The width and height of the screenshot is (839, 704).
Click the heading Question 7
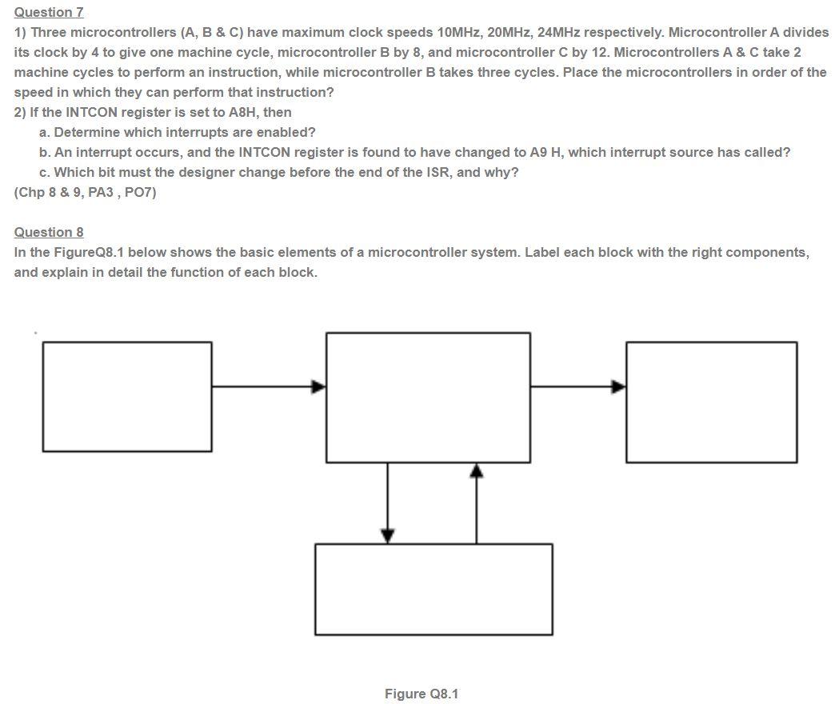point(49,12)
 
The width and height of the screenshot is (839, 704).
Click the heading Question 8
point(49,232)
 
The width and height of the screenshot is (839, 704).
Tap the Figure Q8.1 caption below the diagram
point(421,694)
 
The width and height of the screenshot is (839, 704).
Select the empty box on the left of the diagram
point(127,397)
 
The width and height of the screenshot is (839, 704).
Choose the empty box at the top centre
point(428,398)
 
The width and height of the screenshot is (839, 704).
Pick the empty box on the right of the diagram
point(711,402)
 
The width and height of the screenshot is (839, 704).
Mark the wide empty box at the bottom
point(433,589)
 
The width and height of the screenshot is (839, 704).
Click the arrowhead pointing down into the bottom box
point(388,535)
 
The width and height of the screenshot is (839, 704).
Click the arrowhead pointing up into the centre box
point(477,470)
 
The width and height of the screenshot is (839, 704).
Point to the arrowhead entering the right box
point(618,387)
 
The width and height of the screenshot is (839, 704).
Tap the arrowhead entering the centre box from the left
point(318,387)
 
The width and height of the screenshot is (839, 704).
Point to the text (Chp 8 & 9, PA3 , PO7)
point(85,192)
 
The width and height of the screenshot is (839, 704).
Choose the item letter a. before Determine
point(44,132)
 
